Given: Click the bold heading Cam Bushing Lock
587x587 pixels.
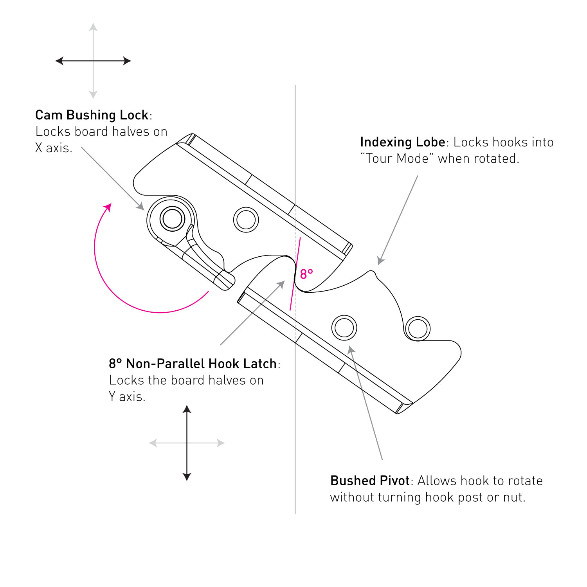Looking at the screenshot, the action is pyautogui.click(x=92, y=115).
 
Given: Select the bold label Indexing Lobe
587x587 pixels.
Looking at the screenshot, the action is pyautogui.click(x=403, y=142).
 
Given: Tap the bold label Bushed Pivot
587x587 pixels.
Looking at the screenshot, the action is pyautogui.click(x=370, y=481).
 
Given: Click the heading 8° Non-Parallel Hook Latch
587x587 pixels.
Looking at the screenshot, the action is pyautogui.click(x=193, y=364).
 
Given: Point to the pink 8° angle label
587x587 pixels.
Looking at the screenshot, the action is pyautogui.click(x=306, y=274).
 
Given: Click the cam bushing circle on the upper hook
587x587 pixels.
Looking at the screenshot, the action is pyautogui.click(x=172, y=219).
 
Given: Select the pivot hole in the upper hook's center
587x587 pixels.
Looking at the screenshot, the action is pyautogui.click(x=246, y=220).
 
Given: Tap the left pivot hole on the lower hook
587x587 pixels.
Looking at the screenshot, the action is pyautogui.click(x=344, y=328).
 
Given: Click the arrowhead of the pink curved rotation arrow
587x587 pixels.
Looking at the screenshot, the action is pyautogui.click(x=108, y=207).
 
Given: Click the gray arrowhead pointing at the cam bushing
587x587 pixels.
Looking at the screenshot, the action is pyautogui.click(x=141, y=206).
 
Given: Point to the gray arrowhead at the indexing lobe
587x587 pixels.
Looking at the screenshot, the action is pyautogui.click(x=380, y=261).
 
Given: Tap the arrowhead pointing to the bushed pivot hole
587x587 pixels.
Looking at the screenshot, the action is pyautogui.click(x=351, y=349).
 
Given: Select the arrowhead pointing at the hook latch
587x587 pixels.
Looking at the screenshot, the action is pyautogui.click(x=281, y=284).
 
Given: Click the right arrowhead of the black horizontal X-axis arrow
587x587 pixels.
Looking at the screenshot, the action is pyautogui.click(x=127, y=61).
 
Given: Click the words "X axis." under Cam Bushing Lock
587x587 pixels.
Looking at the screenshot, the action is pyautogui.click(x=54, y=148).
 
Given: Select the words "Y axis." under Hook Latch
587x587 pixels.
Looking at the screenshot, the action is pyautogui.click(x=127, y=396).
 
